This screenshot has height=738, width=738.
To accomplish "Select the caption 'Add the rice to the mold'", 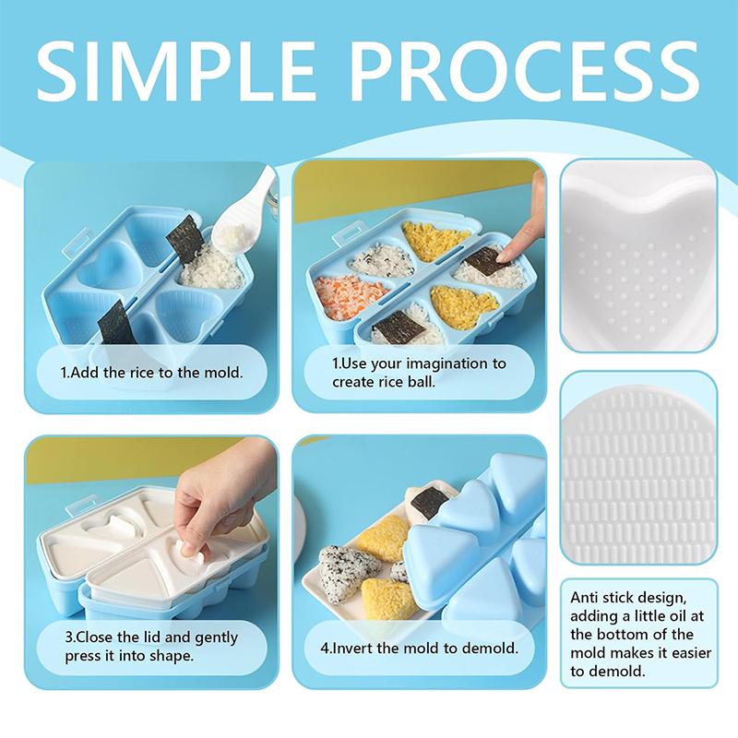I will tap(153, 375).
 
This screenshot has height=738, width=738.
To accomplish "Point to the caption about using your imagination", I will tap(420, 372).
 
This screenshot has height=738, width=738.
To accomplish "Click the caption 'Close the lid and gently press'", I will tap(151, 646).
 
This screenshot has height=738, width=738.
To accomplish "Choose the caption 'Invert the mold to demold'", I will tap(420, 648).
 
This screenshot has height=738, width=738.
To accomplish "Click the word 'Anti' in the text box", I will tap(588, 597).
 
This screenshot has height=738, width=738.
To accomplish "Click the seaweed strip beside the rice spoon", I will tap(185, 238).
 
